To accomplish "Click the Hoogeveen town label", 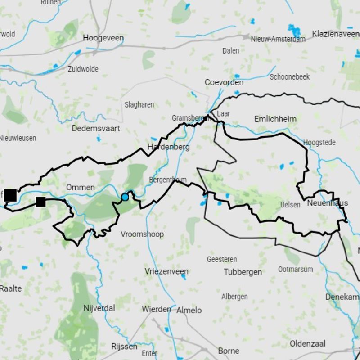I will pyautogui.click(x=103, y=38).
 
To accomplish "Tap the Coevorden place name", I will pyautogui.click(x=224, y=82).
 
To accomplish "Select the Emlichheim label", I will pyautogui.click(x=275, y=119).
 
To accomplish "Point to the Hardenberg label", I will pyautogui.click(x=168, y=147).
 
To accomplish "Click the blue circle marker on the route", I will pyautogui.click(x=125, y=197).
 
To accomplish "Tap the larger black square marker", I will pyautogui.click(x=10, y=195).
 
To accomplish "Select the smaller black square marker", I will pyautogui.click(x=40, y=202).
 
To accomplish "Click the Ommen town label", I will pyautogui.click(x=80, y=187).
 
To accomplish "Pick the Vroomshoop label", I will pyautogui.click(x=142, y=234).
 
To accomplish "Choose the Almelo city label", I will pyautogui.click(x=189, y=310).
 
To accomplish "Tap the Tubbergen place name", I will pyautogui.click(x=243, y=272).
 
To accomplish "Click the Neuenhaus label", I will pyautogui.click(x=327, y=203).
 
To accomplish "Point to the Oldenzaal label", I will pyautogui.click(x=307, y=344).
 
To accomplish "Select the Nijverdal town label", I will pyautogui.click(x=99, y=308).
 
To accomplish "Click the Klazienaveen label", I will pyautogui.click(x=336, y=34).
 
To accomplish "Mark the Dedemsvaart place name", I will pyautogui.click(x=96, y=128).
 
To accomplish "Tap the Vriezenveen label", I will pyautogui.click(x=166, y=271).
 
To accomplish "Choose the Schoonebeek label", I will pyautogui.click(x=289, y=77).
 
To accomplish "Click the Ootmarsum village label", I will pyautogui.click(x=295, y=269).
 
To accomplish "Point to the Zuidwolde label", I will pyautogui.click(x=83, y=69).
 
